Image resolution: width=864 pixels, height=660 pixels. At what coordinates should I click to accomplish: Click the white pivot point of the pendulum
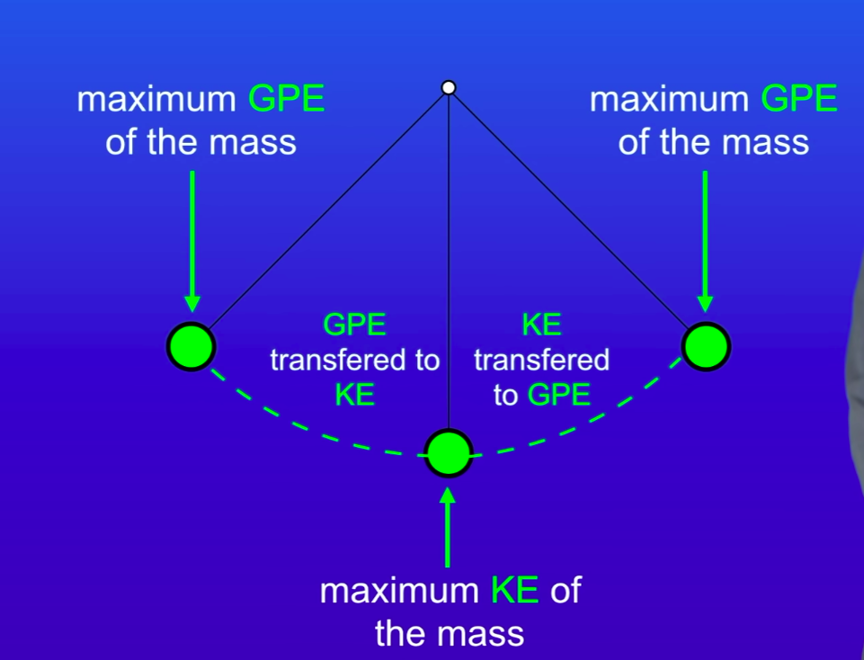449,87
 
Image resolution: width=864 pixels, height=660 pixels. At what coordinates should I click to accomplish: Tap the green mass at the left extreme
192,345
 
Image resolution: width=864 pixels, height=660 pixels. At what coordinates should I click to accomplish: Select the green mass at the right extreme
706,346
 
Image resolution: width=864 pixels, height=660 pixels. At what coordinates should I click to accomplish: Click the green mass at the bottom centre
449,453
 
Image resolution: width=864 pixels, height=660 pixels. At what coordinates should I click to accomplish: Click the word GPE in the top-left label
286,99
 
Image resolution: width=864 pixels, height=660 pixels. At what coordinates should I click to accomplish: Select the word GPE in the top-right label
799,99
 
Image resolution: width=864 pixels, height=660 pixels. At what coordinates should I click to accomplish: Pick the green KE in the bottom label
515,592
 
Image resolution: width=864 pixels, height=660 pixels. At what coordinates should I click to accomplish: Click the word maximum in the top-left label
157,99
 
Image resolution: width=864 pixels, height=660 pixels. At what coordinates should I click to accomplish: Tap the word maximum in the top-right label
670,99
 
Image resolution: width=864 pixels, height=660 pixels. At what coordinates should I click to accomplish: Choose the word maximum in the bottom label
401,592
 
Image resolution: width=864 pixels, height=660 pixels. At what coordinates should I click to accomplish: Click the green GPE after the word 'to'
559,395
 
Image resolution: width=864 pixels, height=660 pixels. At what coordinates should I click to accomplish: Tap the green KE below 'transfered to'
354,395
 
